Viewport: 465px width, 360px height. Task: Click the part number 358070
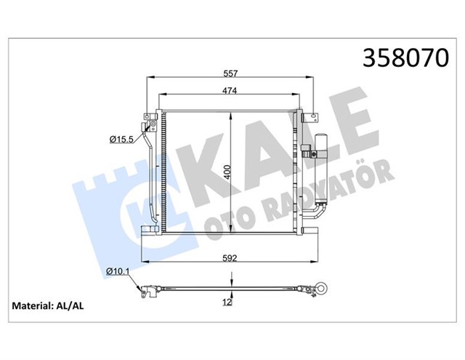click(x=405, y=57)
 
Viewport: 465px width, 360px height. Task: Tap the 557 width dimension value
click(x=230, y=73)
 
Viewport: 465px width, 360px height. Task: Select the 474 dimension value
click(x=230, y=90)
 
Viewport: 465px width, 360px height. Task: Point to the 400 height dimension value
click(x=227, y=172)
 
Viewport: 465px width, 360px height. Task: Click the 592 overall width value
click(x=230, y=258)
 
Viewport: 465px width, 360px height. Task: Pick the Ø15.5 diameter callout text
click(x=121, y=139)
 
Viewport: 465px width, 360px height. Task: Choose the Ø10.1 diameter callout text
click(x=118, y=271)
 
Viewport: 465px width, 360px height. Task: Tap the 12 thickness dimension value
click(x=227, y=303)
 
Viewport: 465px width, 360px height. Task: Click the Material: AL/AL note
click(x=48, y=305)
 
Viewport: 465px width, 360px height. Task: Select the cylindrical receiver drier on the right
click(x=321, y=169)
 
